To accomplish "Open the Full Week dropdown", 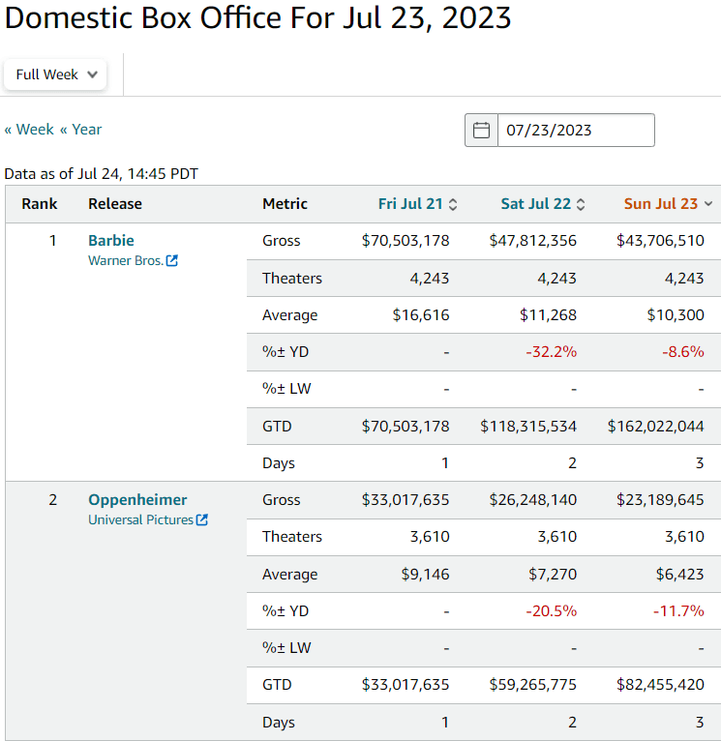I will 55,74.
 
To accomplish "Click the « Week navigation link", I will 29,130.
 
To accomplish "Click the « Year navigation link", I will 80,130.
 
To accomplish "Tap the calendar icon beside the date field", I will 481,131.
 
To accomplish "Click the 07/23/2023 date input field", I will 575,131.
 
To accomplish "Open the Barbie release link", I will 111,241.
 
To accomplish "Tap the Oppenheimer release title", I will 137,500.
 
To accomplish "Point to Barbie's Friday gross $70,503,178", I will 406,241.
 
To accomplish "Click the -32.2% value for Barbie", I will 551,352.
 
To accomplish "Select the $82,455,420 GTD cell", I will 660,685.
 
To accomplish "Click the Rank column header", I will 40,204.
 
